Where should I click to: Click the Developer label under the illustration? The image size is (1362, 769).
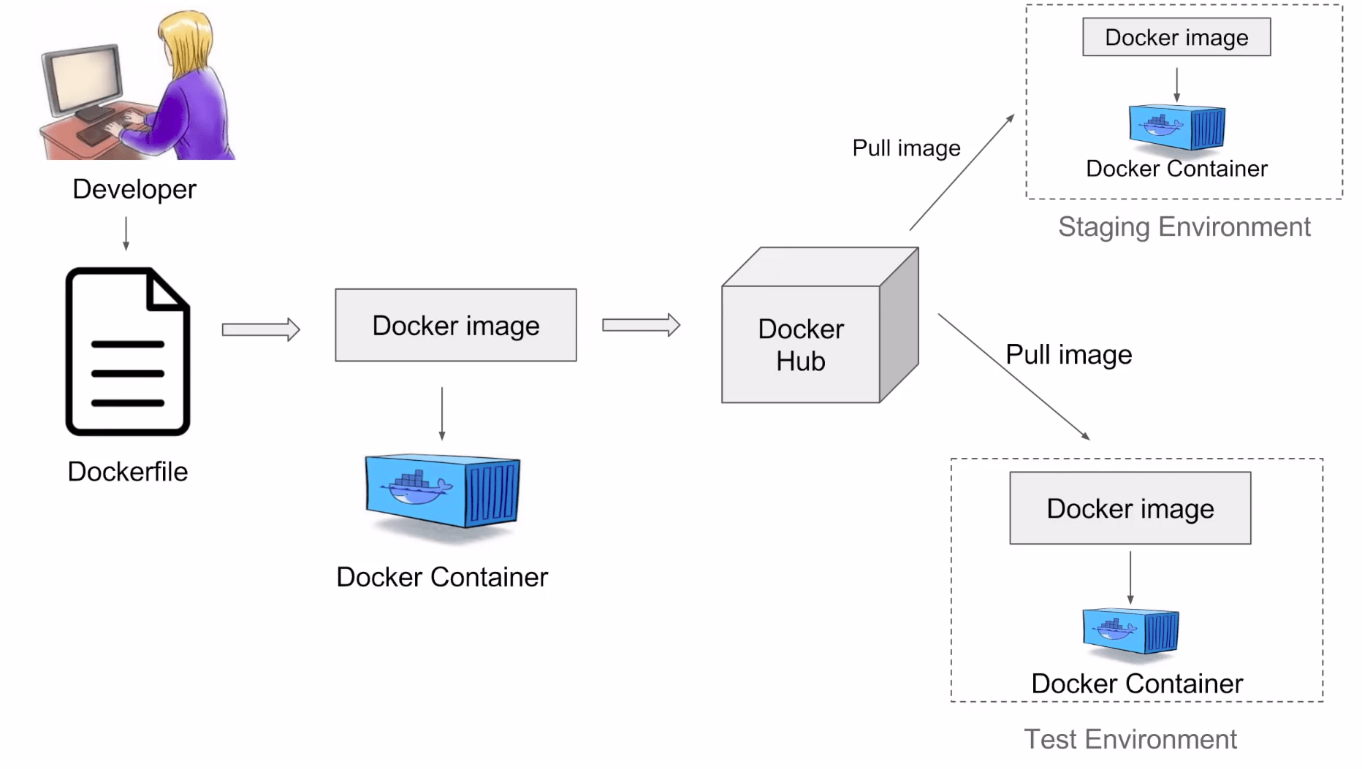pyautogui.click(x=134, y=189)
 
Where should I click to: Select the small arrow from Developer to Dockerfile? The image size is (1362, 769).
pyautogui.click(x=126, y=234)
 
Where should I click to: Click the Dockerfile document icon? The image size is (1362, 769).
pyautogui.click(x=128, y=352)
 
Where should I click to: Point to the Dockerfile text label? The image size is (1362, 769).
pyautogui.click(x=128, y=472)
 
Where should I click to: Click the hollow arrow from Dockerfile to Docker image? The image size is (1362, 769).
pyautogui.click(x=261, y=329)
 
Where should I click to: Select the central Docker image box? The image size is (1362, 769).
pyautogui.click(x=455, y=325)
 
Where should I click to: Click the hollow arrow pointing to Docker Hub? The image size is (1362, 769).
pyautogui.click(x=641, y=325)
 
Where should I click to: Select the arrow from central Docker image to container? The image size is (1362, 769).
pyautogui.click(x=442, y=413)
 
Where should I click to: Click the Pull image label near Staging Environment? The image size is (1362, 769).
pyautogui.click(x=906, y=148)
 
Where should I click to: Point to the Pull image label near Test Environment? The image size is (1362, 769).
pyautogui.click(x=1068, y=355)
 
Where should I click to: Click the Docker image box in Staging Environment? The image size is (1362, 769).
pyautogui.click(x=1176, y=37)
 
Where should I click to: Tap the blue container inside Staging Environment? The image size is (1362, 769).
pyautogui.click(x=1176, y=128)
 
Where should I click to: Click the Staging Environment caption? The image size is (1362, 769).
pyautogui.click(x=1184, y=227)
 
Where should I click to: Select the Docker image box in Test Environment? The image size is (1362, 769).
pyautogui.click(x=1130, y=508)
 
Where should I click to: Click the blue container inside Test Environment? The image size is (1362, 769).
pyautogui.click(x=1130, y=630)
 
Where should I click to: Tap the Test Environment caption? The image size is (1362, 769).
pyautogui.click(x=1130, y=739)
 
